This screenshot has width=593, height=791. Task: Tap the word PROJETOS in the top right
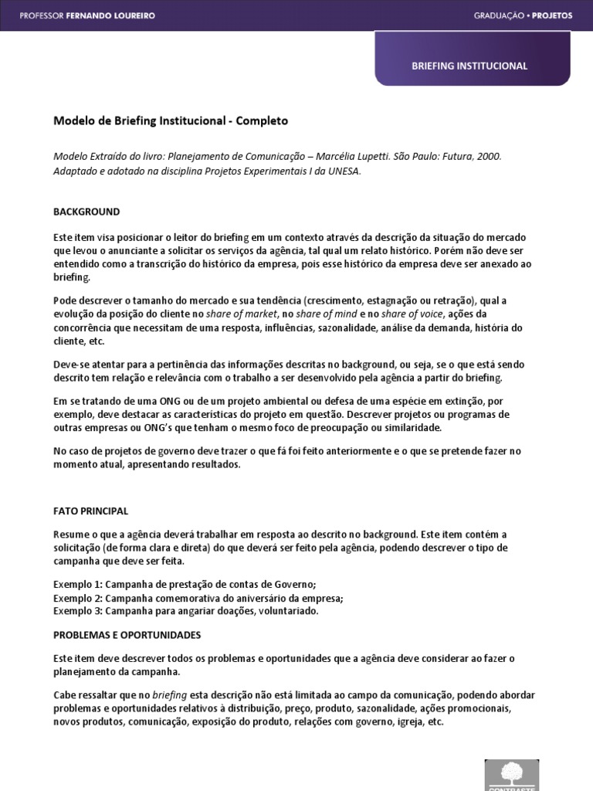click(x=552, y=15)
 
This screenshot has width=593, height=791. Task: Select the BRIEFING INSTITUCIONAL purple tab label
click(x=469, y=66)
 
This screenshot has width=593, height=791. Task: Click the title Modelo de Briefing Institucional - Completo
click(x=170, y=121)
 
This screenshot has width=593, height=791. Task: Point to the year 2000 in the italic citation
click(x=489, y=156)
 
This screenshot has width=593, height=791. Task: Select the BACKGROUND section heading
click(x=86, y=212)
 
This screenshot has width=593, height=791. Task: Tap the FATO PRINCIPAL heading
click(x=90, y=511)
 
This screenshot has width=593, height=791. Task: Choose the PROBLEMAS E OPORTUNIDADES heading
click(x=127, y=635)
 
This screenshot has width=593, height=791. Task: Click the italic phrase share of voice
click(x=391, y=314)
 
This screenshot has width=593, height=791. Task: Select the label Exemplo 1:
click(x=77, y=584)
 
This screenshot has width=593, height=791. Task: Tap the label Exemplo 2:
click(x=77, y=598)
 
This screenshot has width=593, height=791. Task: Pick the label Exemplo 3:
click(x=77, y=611)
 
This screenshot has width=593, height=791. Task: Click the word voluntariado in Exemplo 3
click(x=289, y=611)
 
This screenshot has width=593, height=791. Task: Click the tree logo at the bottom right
click(x=511, y=773)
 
